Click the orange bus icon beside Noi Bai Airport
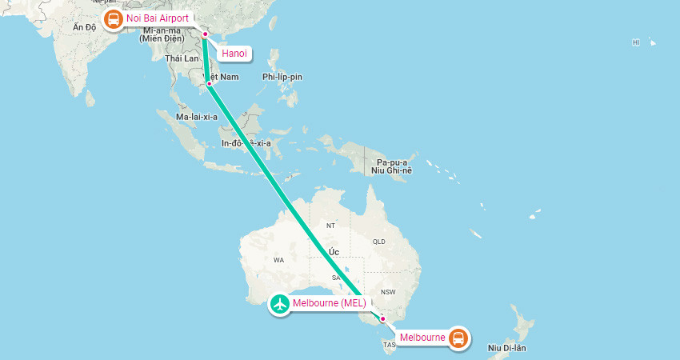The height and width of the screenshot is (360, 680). click(x=113, y=18)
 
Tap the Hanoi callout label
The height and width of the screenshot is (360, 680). click(x=234, y=54)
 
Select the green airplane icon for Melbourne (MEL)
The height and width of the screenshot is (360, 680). click(x=280, y=304)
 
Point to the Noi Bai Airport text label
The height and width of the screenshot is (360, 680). click(x=158, y=18)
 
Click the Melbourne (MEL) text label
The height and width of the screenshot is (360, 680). click(x=329, y=304)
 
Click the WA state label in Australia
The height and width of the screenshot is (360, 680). click(x=279, y=260)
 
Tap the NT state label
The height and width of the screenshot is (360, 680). click(x=330, y=226)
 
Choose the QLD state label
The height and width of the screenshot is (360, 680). click(x=379, y=241)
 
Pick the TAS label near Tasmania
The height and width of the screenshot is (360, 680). click(x=390, y=346)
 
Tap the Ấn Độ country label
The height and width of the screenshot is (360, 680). click(x=84, y=28)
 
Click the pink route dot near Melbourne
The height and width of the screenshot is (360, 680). click(x=382, y=319)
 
